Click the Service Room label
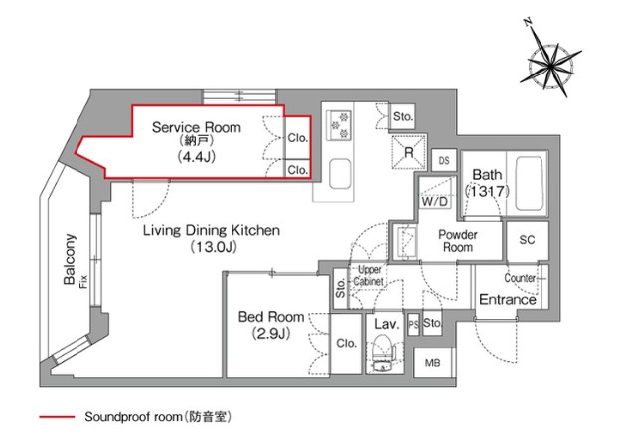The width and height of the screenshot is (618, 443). pos(190,127)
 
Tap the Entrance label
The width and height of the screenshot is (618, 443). pos(508,299)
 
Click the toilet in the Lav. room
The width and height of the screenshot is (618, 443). pos(381,353)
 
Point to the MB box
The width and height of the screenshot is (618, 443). pos(433,364)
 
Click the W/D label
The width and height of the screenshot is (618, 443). pos(434,202)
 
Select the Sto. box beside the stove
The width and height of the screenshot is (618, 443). pos(402,116)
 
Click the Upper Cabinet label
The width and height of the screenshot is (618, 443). pos(369,275)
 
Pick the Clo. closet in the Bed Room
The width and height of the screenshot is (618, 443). pos(346,344)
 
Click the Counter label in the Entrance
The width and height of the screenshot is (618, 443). pos(520,278)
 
